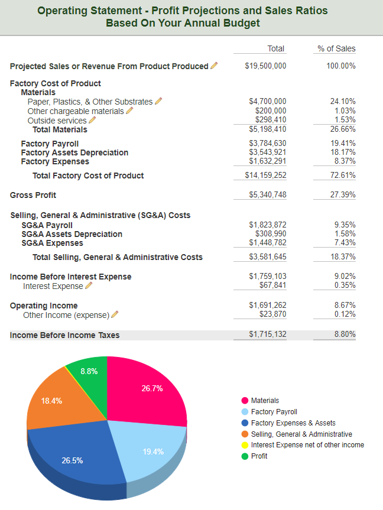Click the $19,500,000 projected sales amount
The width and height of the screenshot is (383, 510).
(x=265, y=66)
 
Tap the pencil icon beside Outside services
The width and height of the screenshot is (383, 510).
(x=92, y=120)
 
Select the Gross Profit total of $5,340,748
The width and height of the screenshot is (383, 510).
(x=268, y=195)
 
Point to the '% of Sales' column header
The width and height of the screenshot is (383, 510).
(x=336, y=49)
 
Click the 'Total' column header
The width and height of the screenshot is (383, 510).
(x=275, y=49)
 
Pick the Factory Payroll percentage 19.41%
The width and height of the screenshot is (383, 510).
(x=343, y=144)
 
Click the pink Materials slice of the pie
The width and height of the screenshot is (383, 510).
(x=147, y=390)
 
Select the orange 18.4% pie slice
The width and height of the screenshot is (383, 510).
(x=59, y=403)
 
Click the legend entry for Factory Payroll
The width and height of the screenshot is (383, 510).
(x=269, y=412)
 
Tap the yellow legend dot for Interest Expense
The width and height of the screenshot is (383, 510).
(x=245, y=445)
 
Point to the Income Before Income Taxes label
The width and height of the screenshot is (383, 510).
(x=65, y=335)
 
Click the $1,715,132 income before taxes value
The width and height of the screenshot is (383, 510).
(x=268, y=334)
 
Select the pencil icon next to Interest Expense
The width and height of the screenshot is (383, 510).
(x=89, y=285)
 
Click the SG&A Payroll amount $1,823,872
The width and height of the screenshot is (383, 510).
(x=268, y=225)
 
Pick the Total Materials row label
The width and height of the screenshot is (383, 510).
(x=60, y=130)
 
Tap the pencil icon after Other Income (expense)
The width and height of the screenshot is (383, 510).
(x=115, y=314)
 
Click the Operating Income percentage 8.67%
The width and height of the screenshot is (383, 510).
(x=345, y=306)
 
